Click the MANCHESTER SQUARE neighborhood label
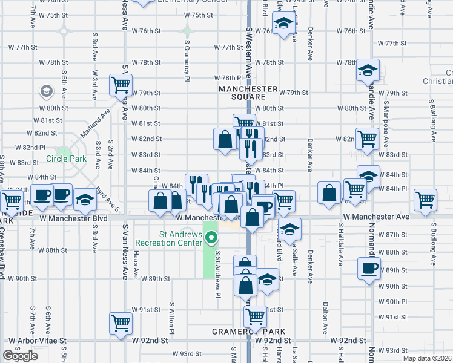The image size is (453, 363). [x=248, y=93]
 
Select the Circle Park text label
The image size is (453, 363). [x=65, y=160]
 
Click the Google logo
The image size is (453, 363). [x=20, y=356]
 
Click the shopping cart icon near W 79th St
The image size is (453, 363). [x=121, y=85]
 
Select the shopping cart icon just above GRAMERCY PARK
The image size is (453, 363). [x=256, y=316]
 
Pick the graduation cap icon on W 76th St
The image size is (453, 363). [x=282, y=24]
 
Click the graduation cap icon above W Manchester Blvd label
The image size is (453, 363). [x=85, y=200]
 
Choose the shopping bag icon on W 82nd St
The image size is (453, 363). [x=225, y=139]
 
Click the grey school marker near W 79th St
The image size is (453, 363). [x=46, y=91]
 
